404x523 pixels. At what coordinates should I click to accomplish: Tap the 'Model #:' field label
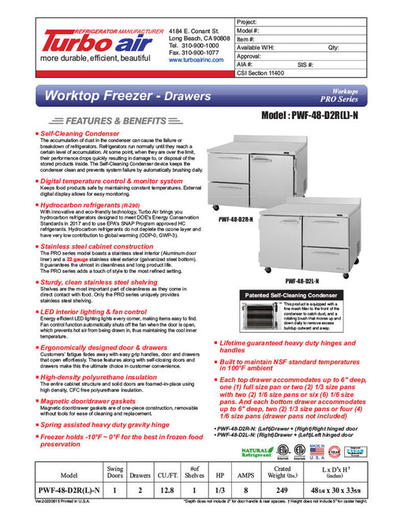click(x=249, y=31)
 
